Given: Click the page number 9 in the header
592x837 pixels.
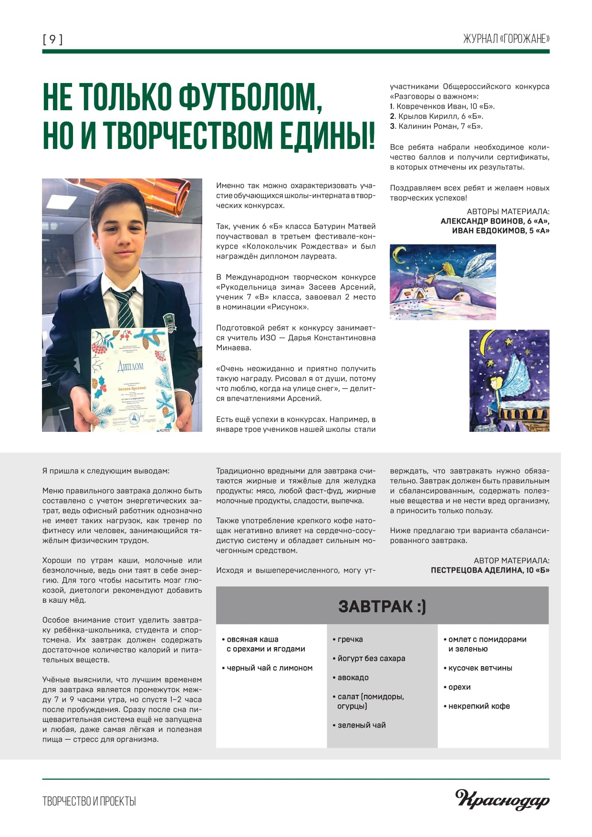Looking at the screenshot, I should click(52, 39).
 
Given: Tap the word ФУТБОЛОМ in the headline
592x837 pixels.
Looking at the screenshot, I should click(248, 97).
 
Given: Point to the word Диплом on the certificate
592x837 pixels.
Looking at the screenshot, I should click(130, 366).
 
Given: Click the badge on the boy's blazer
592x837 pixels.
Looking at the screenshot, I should click(169, 322).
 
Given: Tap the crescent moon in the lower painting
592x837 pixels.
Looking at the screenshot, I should click(487, 351).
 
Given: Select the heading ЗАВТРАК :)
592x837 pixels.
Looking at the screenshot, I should click(382, 606).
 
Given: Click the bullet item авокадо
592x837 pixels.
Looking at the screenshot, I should click(353, 678).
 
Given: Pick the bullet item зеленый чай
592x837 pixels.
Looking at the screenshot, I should click(362, 725).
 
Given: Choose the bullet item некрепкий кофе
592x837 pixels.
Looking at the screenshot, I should click(479, 706).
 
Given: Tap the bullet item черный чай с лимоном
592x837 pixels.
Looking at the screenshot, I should click(270, 668).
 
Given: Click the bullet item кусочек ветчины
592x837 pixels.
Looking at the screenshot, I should click(480, 668).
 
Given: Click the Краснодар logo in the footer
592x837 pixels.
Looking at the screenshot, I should click(502, 800).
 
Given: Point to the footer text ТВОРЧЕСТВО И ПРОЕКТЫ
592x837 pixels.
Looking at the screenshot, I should click(89, 801).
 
